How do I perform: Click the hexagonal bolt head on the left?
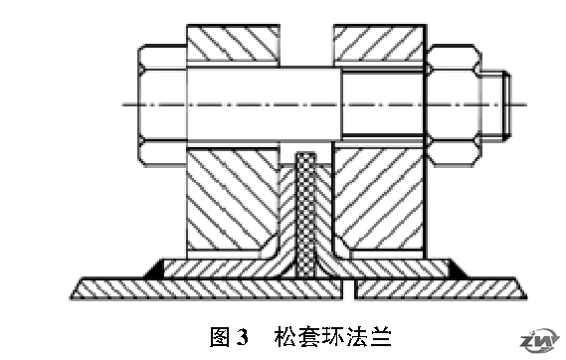click(x=162, y=105)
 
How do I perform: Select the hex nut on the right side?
click(x=454, y=105)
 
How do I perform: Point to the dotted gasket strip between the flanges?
click(x=306, y=216)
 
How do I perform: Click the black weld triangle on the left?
click(x=155, y=270)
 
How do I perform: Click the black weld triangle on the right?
click(x=458, y=270)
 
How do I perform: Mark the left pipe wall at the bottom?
click(x=207, y=288)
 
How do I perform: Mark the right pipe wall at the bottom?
click(x=441, y=288)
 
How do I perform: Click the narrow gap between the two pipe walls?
click(x=348, y=288)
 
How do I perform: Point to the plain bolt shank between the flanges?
click(x=265, y=104)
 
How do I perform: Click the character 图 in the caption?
click(x=220, y=337)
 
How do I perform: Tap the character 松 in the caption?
click(x=284, y=337)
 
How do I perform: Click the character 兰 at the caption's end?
click(x=381, y=337)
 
